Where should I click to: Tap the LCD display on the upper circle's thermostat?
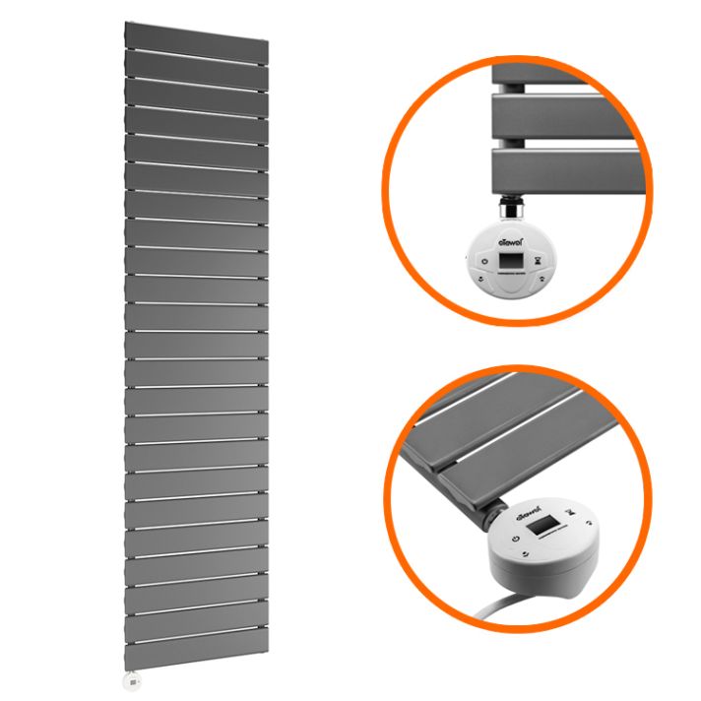(511, 261)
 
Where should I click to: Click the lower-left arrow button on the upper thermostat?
(480, 279)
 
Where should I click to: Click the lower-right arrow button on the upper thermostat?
(542, 279)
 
